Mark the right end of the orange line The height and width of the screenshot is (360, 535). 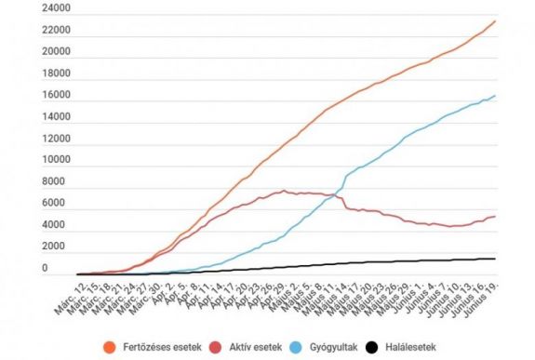495,20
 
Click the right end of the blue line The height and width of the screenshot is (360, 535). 495,95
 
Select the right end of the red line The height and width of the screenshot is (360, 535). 495,216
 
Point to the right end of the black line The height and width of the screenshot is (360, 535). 495,259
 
